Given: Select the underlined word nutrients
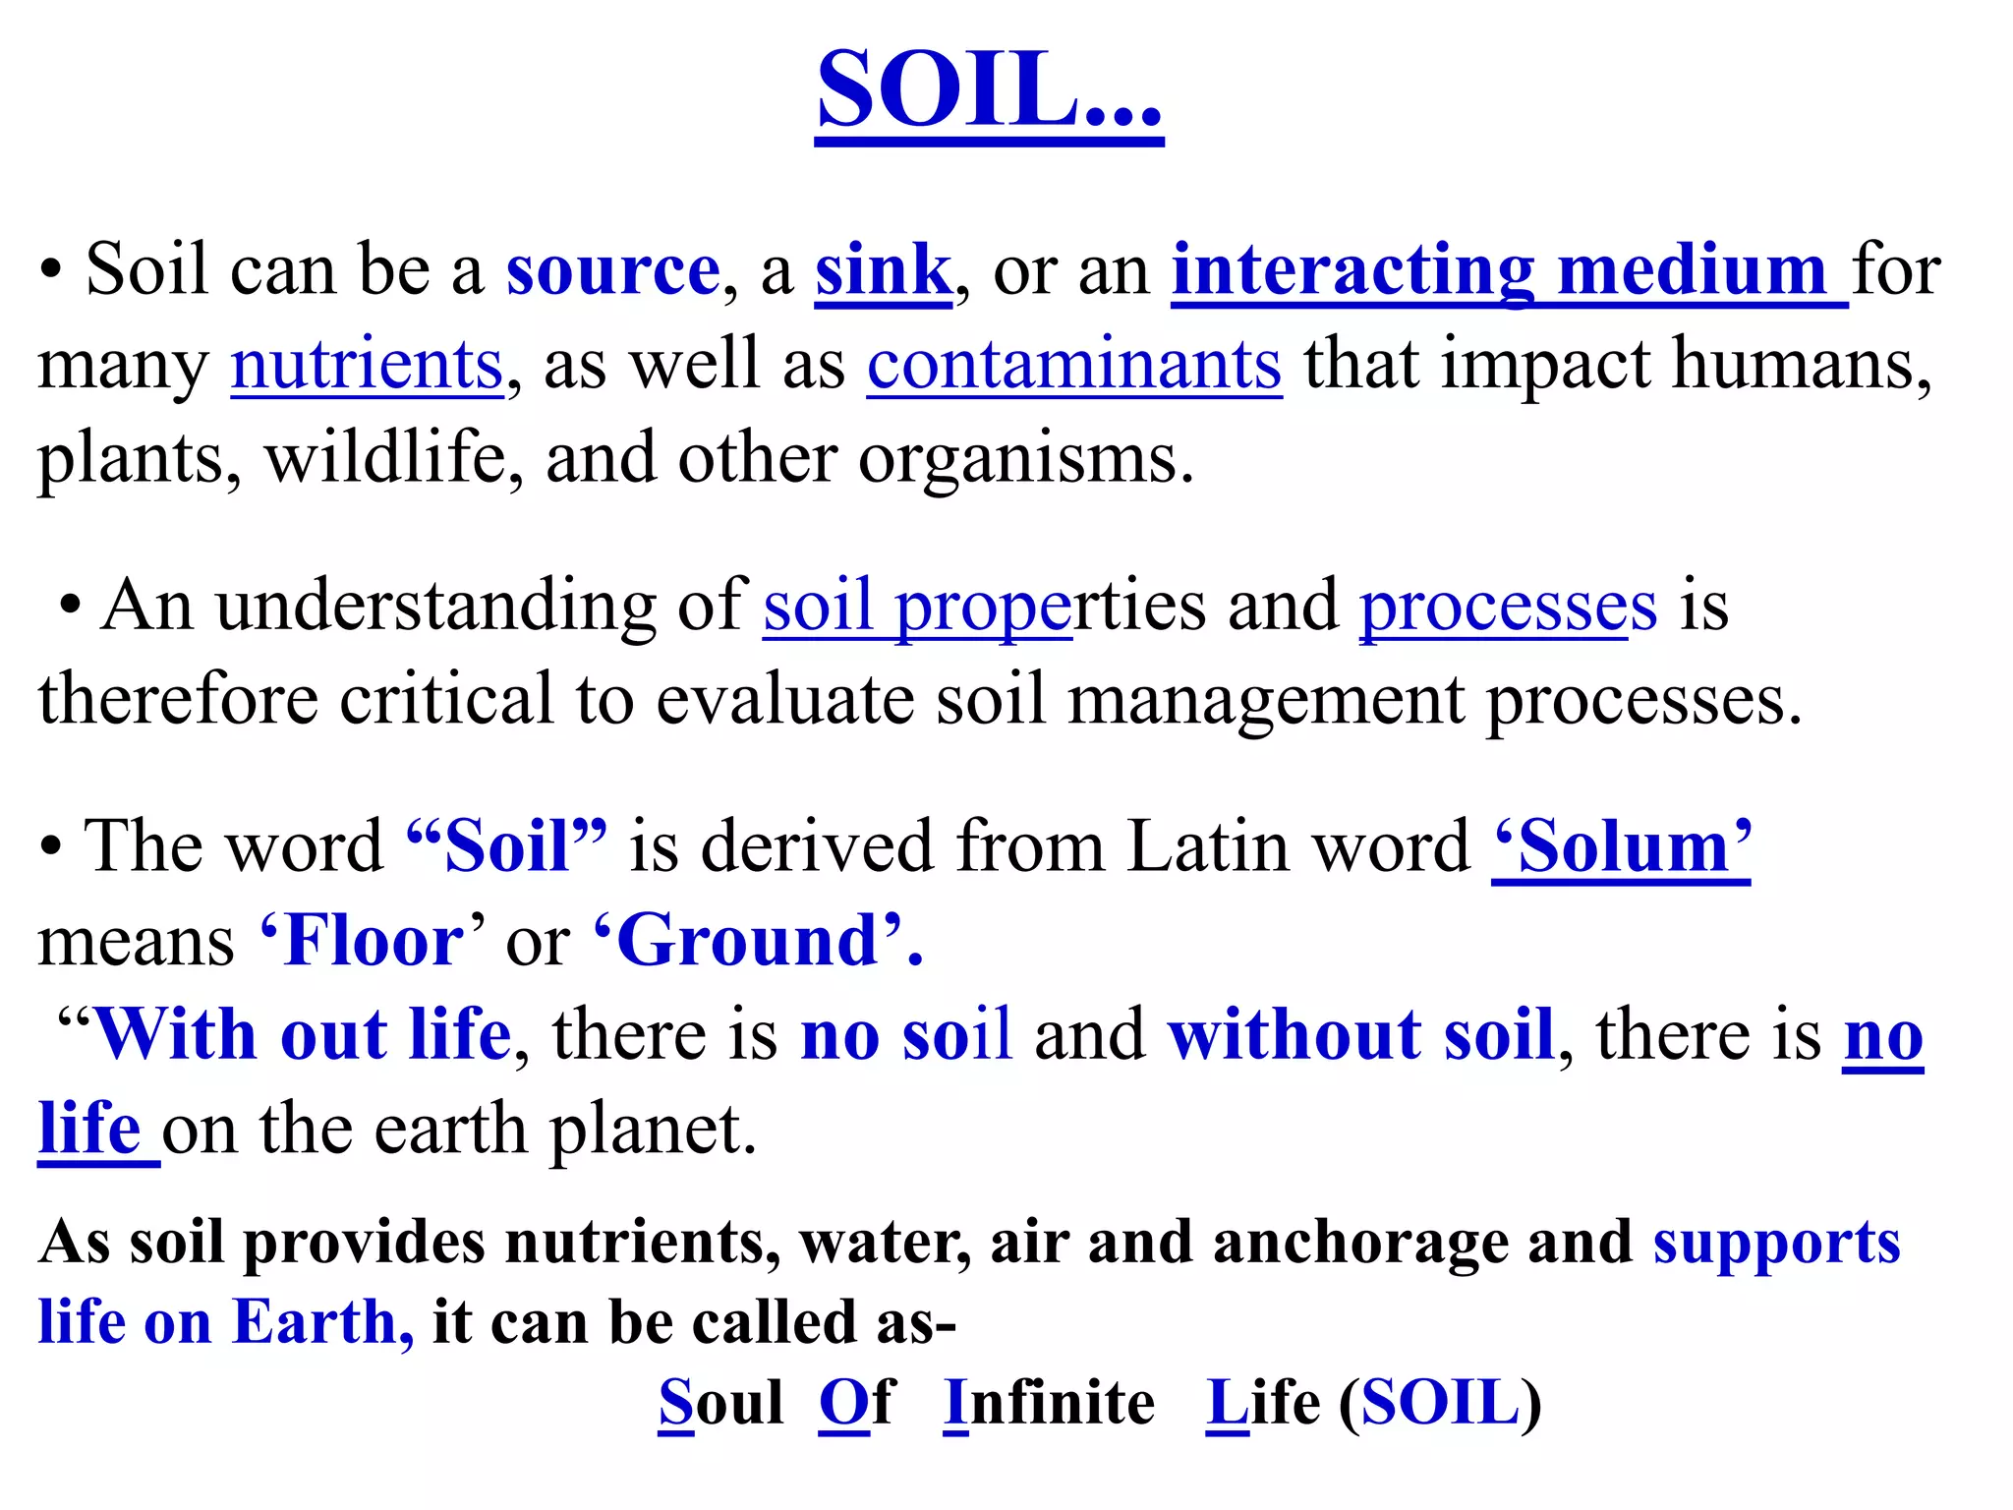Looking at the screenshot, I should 367,364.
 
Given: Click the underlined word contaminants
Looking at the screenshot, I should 1073,364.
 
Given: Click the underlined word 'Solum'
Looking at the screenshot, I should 1622,846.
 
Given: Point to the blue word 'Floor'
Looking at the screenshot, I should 372,941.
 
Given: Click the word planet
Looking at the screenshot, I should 653,1131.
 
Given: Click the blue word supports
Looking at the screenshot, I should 1776,1244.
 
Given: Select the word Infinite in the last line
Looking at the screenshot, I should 1049,1402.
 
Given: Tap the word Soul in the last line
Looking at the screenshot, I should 720,1402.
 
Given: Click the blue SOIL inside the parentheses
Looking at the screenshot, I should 1440,1402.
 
